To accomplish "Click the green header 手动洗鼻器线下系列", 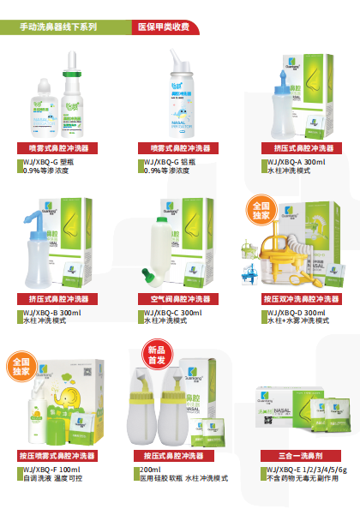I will (x=58, y=27).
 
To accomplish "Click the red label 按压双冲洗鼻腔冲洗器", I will (x=295, y=298).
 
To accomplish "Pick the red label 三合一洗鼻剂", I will (x=295, y=456).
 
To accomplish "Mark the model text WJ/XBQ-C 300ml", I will (x=173, y=313).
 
